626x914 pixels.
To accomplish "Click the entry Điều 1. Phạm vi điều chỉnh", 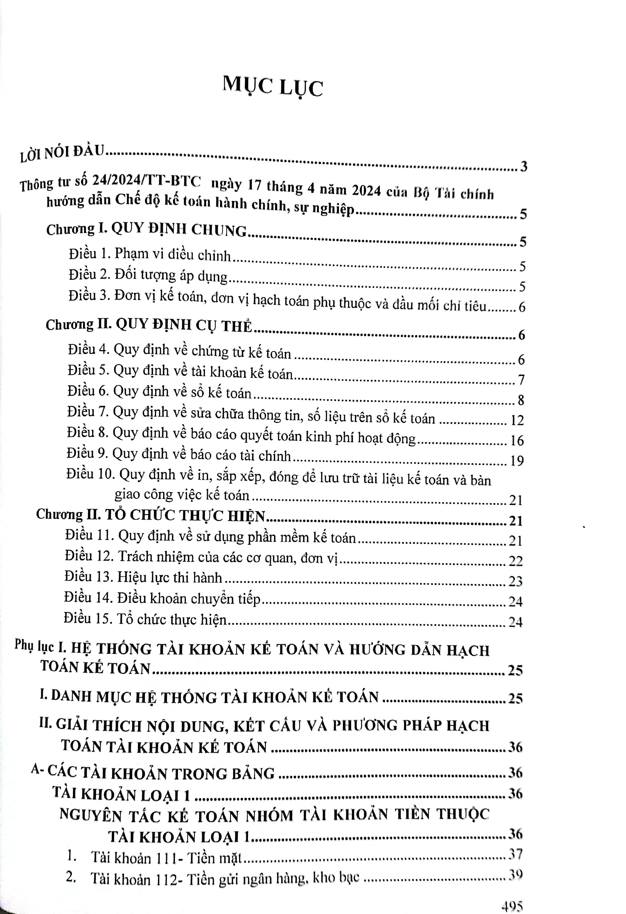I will (x=150, y=255).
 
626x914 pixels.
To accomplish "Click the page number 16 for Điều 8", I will (x=517, y=440).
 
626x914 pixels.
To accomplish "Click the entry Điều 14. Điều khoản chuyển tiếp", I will (x=162, y=599).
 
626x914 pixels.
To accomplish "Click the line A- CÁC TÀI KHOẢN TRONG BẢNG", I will (x=153, y=772).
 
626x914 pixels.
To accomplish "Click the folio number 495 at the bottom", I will (x=512, y=907).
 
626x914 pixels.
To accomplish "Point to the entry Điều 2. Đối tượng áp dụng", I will (x=148, y=275).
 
